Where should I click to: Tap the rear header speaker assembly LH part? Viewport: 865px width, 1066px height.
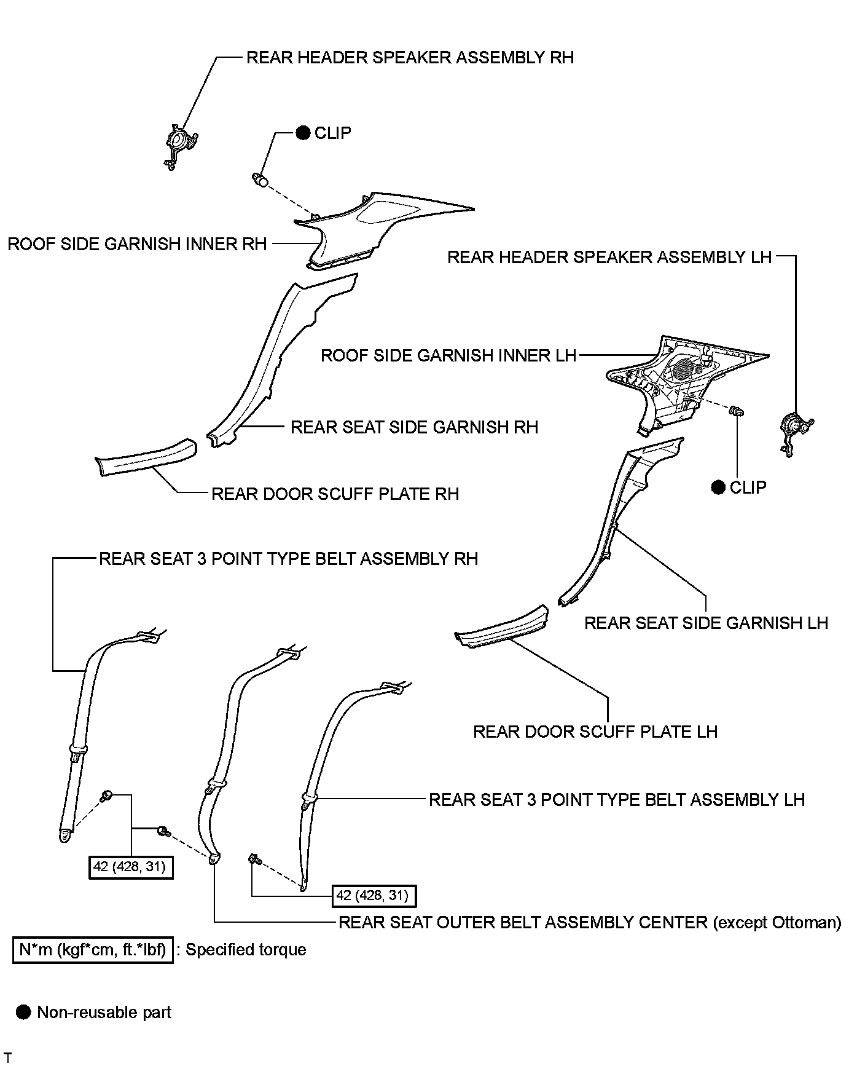tap(794, 430)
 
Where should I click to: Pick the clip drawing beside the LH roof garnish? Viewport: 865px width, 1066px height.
tap(736, 411)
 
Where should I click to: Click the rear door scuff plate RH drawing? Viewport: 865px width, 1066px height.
tap(146, 457)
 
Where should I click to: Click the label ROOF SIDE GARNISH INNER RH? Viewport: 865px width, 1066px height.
tap(137, 244)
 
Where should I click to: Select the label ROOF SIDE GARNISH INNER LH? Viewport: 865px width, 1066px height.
tap(448, 355)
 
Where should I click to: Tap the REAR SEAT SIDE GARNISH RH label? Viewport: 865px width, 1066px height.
tap(414, 427)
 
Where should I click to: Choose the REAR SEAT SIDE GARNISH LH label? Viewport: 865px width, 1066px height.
tap(706, 623)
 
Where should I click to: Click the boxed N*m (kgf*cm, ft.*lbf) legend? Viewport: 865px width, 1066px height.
tap(93, 950)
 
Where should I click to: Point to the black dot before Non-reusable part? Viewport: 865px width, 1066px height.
tap(24, 1013)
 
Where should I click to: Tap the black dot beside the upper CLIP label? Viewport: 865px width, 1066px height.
tap(303, 133)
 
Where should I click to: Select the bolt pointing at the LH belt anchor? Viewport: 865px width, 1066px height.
tap(254, 859)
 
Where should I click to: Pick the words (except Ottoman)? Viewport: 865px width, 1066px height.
tap(777, 922)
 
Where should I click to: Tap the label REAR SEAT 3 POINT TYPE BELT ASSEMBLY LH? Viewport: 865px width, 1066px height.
tap(616, 800)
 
